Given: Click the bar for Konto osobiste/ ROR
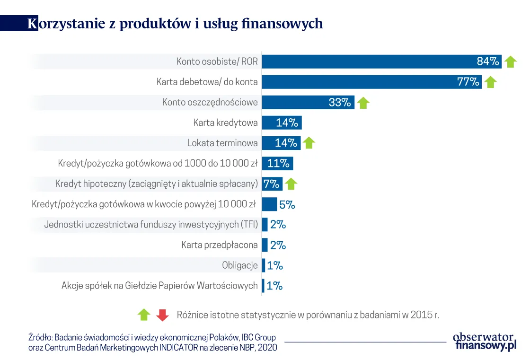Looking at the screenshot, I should tap(369, 61).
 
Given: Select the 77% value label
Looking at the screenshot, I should tap(468, 82).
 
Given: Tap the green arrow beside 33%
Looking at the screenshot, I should tap(363, 103).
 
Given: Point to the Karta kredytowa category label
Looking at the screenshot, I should tap(225, 123).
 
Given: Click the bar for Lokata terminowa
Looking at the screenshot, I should tap(281, 143).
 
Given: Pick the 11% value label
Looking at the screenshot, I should tap(278, 164).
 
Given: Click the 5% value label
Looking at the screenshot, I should tap(287, 205).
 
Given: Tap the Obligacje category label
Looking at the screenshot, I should tap(240, 265).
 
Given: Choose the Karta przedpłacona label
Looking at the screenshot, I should tap(220, 245).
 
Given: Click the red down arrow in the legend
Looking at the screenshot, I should tap(162, 315).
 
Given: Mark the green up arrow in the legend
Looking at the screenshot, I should tap(144, 315).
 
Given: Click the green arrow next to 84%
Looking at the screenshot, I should tap(510, 61).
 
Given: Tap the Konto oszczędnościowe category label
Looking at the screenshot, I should tap(210, 102).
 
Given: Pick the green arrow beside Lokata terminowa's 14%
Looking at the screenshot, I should tap(309, 143).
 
